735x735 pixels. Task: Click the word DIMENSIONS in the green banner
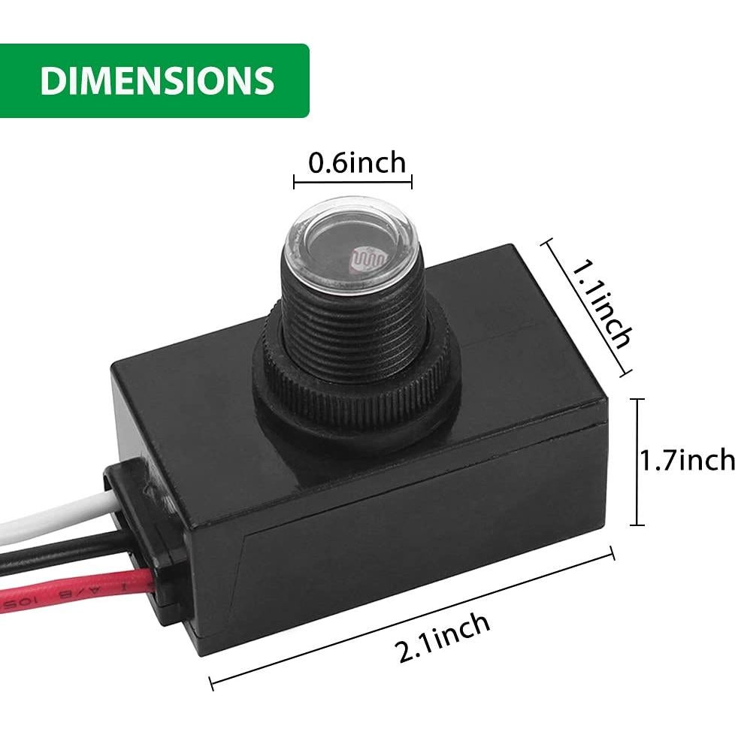(157, 81)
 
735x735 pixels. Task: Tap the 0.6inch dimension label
(356, 162)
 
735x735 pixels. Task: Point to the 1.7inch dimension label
(685, 459)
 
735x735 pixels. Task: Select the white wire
(45, 519)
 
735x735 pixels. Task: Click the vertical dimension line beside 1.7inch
(640, 461)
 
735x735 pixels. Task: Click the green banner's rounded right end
(301, 81)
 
